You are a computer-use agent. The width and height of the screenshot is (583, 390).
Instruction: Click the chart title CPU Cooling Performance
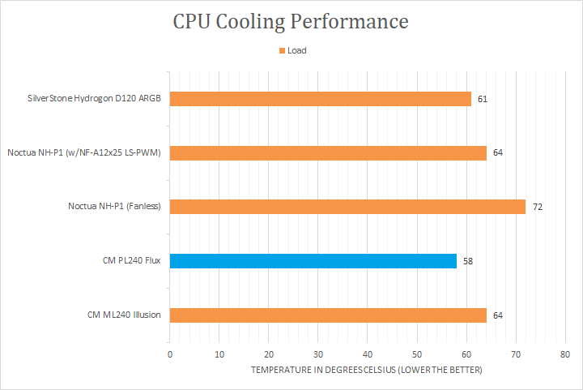291,22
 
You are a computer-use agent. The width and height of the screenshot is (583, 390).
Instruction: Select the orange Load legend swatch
282,50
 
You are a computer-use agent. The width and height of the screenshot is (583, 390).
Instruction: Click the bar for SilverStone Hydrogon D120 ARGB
320,99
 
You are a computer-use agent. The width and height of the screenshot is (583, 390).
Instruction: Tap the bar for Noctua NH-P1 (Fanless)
347,207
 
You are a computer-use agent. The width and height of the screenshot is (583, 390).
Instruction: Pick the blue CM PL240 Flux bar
313,261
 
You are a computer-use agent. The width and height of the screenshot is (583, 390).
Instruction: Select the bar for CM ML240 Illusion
327,315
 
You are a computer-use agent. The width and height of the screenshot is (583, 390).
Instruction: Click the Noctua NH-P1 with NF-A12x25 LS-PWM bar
327,152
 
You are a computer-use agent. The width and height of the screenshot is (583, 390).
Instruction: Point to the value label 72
537,208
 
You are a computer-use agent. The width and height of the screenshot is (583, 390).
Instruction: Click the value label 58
468,261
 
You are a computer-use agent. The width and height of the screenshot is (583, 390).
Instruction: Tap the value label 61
483,99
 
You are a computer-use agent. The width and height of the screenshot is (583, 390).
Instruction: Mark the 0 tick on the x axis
170,355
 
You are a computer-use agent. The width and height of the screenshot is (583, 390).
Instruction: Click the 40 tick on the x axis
368,355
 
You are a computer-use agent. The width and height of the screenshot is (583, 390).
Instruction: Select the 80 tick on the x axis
565,355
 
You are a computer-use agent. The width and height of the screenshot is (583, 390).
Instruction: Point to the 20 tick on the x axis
269,355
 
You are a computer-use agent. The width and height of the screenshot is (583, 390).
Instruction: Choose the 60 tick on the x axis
466,355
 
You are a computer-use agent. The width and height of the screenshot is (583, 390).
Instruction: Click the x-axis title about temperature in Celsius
366,370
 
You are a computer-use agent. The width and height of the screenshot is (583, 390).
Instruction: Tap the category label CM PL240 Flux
127,261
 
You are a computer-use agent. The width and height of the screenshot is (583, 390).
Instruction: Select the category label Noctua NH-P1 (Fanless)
114,207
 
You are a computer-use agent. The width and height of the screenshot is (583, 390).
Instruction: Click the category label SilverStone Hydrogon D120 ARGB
93,99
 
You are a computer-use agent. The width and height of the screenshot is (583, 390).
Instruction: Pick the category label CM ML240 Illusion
123,315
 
